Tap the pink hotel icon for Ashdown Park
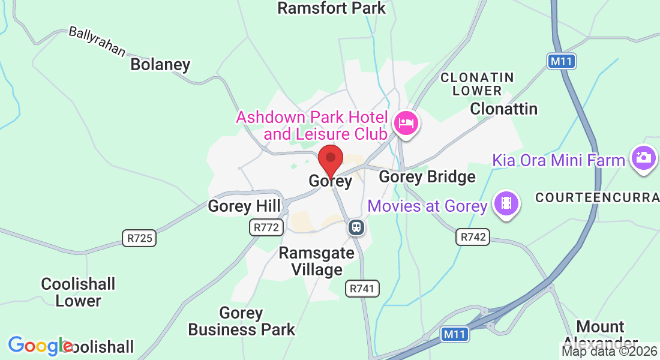coord(406,124)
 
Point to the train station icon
coord(356,227)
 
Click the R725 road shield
coord(139,238)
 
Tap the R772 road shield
coord(265,227)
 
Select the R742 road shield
coord(473,236)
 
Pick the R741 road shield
coord(363,289)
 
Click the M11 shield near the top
coord(562,61)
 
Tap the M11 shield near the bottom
coord(454,335)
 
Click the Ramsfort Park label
coord(332,8)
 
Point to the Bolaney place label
coord(160,64)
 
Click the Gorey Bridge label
coord(427,177)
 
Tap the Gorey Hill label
coord(244,206)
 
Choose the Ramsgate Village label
coord(316,262)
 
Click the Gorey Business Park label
coord(242,321)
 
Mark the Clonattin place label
coord(503,109)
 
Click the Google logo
coord(39,346)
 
